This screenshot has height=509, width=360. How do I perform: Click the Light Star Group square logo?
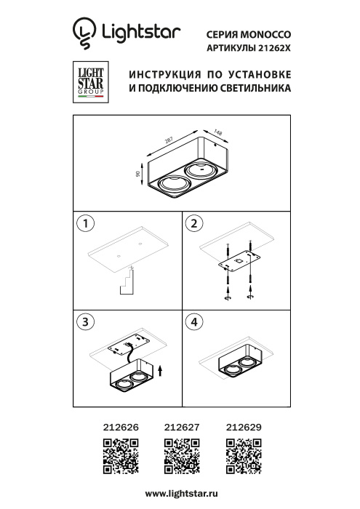pos(89,81)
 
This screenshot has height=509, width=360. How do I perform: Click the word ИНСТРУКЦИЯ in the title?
pos(165,75)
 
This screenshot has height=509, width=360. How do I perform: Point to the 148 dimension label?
pos(217,132)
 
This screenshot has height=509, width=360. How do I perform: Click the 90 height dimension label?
pos(137,175)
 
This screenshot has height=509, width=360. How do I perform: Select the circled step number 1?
pos(87,223)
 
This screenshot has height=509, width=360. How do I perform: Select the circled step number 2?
pos(193,223)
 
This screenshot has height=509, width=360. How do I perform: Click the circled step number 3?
pos(87,321)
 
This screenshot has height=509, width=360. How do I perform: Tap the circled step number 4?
pos(193,321)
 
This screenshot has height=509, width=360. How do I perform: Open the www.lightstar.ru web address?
pos(181,494)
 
